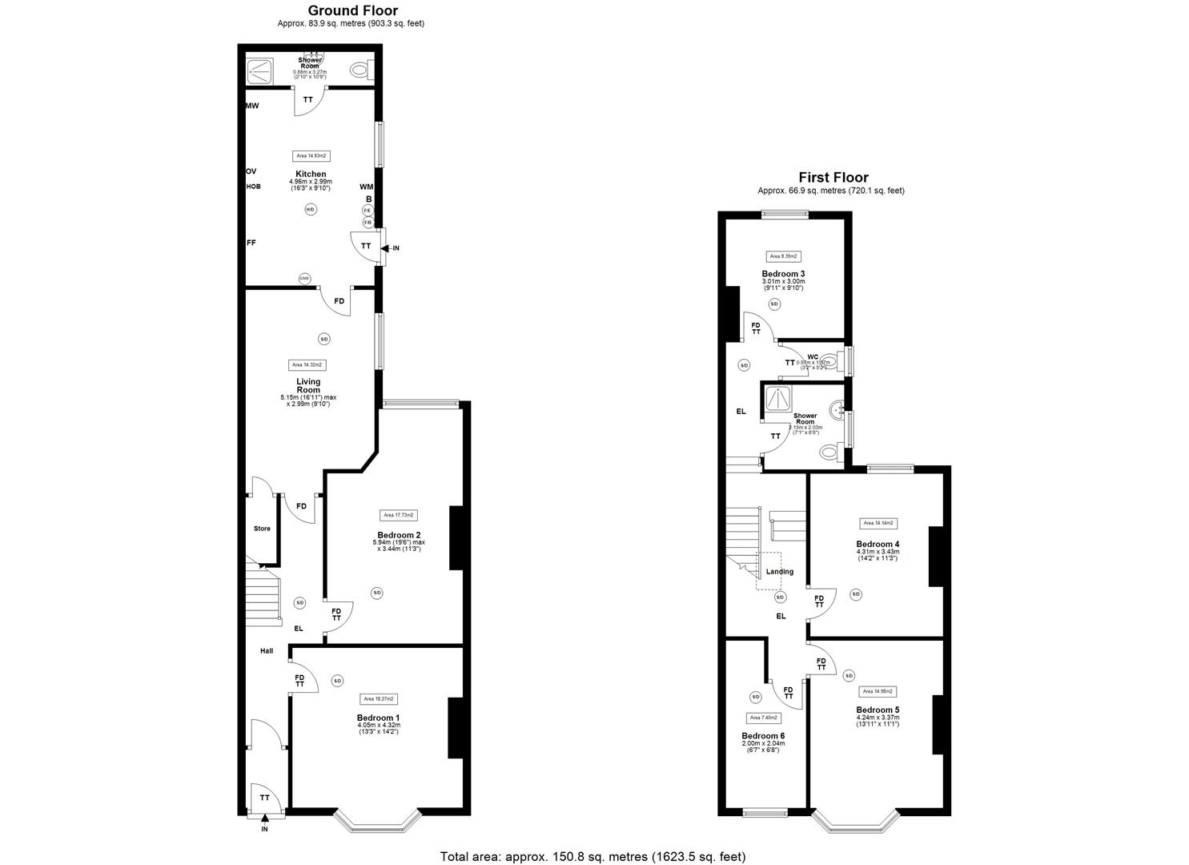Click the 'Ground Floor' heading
(352, 10)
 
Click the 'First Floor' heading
(833, 178)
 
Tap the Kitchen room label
(311, 174)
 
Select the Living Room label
(308, 386)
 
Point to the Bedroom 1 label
(378, 718)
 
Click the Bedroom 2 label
(399, 535)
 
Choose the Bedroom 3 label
(783, 274)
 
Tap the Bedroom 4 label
(878, 544)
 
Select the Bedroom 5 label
(878, 710)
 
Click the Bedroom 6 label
(763, 736)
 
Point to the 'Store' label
(262, 529)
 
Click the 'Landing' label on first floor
(779, 572)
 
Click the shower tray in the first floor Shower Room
(778, 399)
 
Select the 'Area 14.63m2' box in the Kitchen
(311, 156)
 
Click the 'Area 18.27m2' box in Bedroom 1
(378, 698)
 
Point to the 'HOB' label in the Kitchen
(253, 187)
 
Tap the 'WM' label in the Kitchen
(367, 187)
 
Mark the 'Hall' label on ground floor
(267, 650)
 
